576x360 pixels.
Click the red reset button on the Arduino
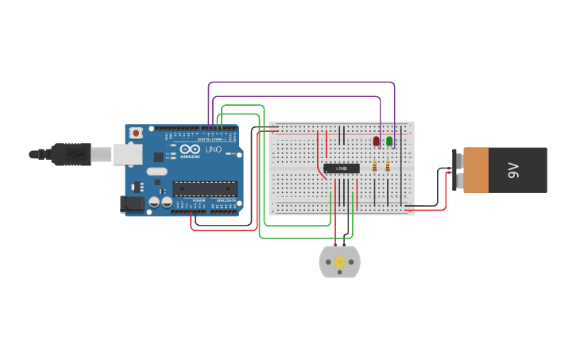click(136, 133)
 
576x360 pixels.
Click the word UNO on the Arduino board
click(214, 149)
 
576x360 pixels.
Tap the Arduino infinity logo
click(190, 149)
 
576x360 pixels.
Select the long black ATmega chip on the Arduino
click(205, 188)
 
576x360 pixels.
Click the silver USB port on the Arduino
click(128, 154)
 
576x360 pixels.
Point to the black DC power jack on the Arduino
click(133, 204)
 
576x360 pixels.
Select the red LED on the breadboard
click(377, 141)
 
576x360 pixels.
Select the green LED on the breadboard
click(389, 141)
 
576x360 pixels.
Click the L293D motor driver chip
click(342, 168)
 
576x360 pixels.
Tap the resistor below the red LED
click(375, 166)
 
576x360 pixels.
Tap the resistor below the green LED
click(388, 166)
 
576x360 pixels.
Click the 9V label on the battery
click(513, 169)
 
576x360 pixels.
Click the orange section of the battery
click(476, 169)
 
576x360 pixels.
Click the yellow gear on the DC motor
click(340, 262)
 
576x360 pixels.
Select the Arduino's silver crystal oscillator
click(157, 171)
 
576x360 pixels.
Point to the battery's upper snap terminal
click(458, 160)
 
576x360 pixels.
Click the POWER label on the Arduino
click(199, 200)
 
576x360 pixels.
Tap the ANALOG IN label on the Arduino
click(225, 200)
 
